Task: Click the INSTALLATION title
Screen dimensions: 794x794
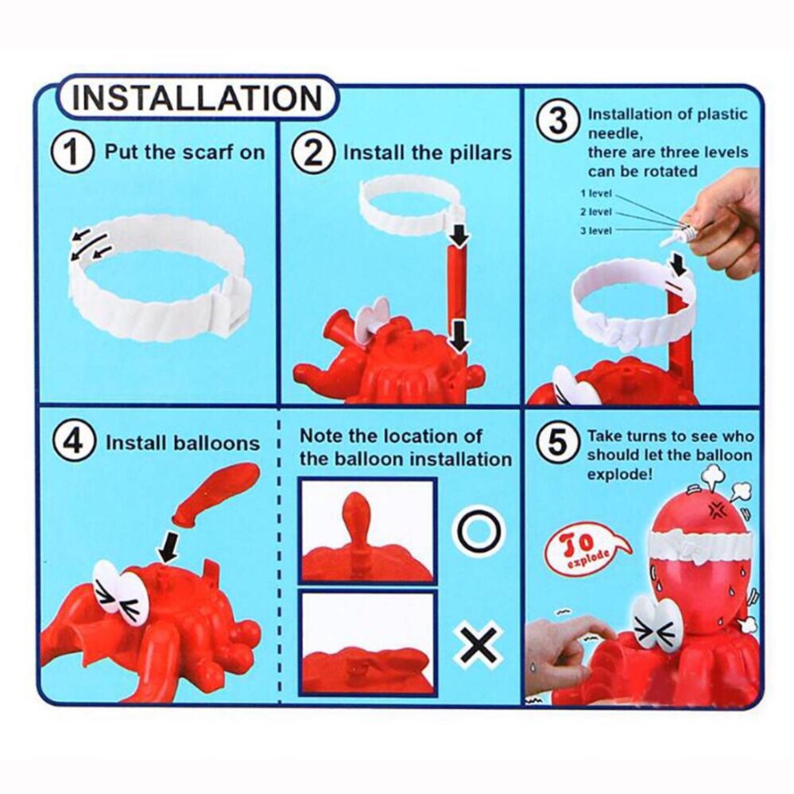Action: pyautogui.click(x=196, y=98)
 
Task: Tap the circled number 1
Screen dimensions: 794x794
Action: pyautogui.click(x=72, y=152)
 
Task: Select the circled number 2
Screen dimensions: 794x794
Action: pyautogui.click(x=313, y=152)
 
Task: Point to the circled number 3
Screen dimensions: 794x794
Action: pyautogui.click(x=558, y=123)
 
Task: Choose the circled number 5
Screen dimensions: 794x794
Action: pyautogui.click(x=557, y=443)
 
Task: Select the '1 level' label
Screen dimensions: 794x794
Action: pyautogui.click(x=596, y=193)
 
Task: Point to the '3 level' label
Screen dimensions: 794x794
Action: pyautogui.click(x=596, y=231)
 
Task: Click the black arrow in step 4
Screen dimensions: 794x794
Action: pyautogui.click(x=169, y=547)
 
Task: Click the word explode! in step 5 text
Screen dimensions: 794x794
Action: pyautogui.click(x=620, y=474)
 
